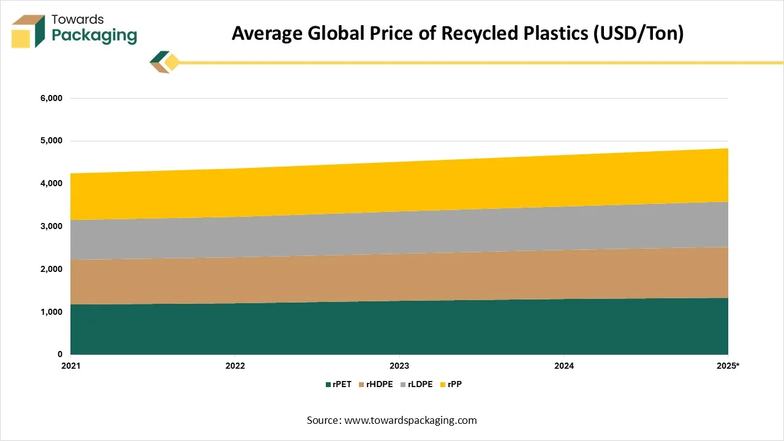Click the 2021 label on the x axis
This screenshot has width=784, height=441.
pyautogui.click(x=71, y=366)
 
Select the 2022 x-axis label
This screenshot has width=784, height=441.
pyautogui.click(x=235, y=366)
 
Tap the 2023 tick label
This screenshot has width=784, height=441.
pyautogui.click(x=399, y=366)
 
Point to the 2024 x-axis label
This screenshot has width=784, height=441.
pyautogui.click(x=563, y=366)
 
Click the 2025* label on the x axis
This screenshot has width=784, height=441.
pyautogui.click(x=729, y=366)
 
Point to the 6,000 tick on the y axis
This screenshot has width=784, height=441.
pyautogui.click(x=51, y=99)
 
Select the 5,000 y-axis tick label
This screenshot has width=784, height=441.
pyautogui.click(x=51, y=141)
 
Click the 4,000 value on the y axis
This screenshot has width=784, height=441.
pyautogui.click(x=51, y=184)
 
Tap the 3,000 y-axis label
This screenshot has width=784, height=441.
pyautogui.click(x=51, y=227)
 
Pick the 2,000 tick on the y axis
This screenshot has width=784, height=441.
pyautogui.click(x=51, y=269)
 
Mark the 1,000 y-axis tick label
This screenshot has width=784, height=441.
pyautogui.click(x=51, y=312)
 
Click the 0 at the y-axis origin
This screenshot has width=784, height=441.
pyautogui.click(x=59, y=355)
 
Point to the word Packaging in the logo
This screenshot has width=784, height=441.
pyautogui.click(x=94, y=36)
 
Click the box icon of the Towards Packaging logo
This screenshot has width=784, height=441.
pyautogui.click(x=29, y=31)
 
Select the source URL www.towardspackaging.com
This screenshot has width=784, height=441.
pyautogui.click(x=410, y=420)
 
